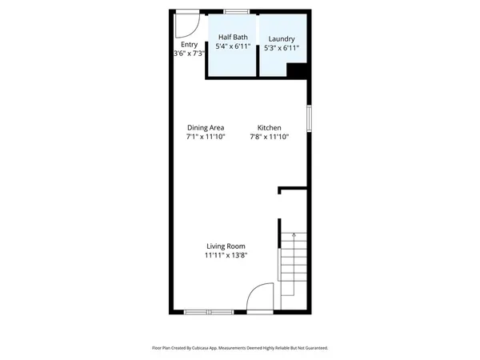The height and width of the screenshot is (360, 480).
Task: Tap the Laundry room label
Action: [x=282, y=39]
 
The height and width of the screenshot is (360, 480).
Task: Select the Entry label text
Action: [x=190, y=45]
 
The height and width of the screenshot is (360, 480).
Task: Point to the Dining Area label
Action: [x=206, y=128]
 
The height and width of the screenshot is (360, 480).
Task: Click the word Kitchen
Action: [x=269, y=128]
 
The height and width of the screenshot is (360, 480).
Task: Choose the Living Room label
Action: [x=226, y=246]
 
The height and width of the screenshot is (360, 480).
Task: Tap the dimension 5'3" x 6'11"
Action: [x=282, y=48]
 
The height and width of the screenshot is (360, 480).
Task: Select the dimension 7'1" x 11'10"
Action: [x=206, y=137]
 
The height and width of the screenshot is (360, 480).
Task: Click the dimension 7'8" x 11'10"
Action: [x=269, y=137]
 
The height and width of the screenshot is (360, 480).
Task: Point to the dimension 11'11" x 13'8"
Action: [x=226, y=255]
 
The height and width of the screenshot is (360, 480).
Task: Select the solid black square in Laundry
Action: [x=298, y=71]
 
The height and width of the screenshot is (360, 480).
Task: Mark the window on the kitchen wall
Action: [x=309, y=117]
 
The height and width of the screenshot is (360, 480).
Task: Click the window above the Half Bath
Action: [x=235, y=11]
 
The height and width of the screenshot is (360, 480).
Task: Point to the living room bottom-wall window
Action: [x=209, y=311]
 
